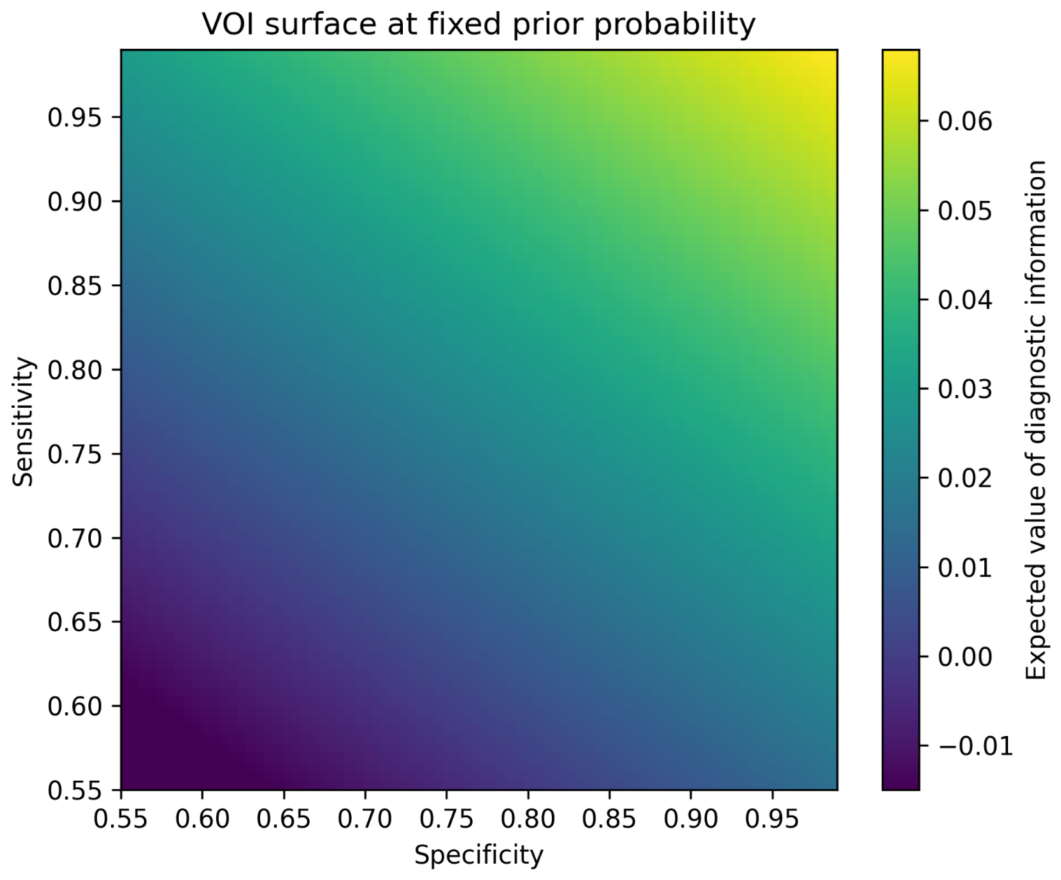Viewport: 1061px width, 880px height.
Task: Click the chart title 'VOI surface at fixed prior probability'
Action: click(479, 24)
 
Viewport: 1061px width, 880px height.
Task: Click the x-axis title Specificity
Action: click(479, 855)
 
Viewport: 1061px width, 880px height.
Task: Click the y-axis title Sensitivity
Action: click(23, 421)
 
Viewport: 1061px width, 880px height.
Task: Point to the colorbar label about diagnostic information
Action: click(1035, 421)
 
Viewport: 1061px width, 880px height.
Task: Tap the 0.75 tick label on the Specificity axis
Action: click(446, 818)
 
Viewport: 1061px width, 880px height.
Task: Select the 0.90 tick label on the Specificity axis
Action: click(690, 818)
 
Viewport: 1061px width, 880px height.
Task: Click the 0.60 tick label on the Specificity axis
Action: click(202, 818)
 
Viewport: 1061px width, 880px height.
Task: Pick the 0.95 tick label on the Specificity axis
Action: click(772, 818)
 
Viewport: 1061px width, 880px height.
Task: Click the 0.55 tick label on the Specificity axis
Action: click(121, 818)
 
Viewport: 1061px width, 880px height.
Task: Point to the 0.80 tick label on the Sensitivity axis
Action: click(74, 370)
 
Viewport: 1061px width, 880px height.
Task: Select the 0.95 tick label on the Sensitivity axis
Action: click(74, 118)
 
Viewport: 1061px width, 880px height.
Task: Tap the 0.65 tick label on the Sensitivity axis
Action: click(74, 622)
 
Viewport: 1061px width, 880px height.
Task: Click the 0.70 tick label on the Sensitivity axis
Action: click(74, 538)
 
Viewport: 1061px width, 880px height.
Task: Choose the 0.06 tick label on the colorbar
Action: click(965, 121)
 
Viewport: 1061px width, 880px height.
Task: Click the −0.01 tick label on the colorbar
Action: click(975, 746)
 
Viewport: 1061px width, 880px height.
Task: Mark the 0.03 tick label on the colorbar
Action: click(965, 389)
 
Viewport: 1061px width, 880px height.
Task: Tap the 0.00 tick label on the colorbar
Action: click(965, 657)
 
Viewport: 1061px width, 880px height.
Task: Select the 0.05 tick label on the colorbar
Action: click(965, 211)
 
